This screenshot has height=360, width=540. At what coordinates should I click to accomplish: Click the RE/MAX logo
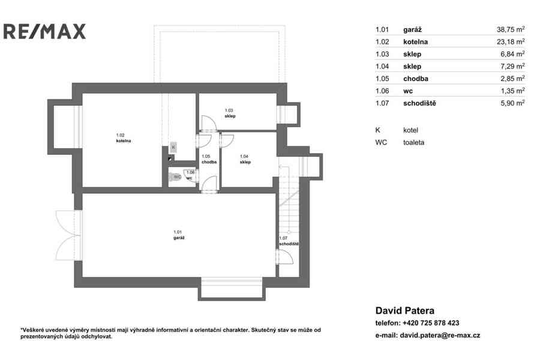click(x=44, y=31)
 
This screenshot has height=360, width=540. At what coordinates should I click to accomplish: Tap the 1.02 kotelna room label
click(x=123, y=138)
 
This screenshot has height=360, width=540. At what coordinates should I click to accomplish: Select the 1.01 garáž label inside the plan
click(x=179, y=235)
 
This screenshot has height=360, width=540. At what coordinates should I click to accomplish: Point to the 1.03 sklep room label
click(x=230, y=113)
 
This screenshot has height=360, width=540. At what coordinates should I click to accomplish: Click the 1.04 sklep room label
click(x=245, y=159)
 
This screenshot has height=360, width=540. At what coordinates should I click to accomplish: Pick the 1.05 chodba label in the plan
click(x=209, y=159)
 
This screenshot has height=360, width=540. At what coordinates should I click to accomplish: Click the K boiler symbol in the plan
click(x=173, y=147)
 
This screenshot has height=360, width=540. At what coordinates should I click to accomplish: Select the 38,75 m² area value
click(x=511, y=29)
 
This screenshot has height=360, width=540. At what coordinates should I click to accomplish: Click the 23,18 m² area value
click(x=511, y=41)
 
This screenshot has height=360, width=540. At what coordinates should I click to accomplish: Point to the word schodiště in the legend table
click(x=419, y=103)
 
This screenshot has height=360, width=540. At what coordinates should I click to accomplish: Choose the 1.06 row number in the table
click(x=382, y=91)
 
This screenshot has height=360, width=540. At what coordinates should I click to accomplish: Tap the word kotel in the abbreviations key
click(x=410, y=130)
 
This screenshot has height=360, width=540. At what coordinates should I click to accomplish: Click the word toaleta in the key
click(x=413, y=142)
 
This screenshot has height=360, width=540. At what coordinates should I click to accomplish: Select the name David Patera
click(x=404, y=310)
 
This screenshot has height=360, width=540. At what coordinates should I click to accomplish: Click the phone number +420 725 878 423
click(x=431, y=323)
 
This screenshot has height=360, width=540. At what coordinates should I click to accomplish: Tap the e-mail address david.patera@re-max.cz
click(x=440, y=335)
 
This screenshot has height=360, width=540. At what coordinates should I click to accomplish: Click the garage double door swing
click(x=68, y=235)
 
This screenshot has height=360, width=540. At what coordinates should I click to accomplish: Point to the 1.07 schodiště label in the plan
click(x=289, y=241)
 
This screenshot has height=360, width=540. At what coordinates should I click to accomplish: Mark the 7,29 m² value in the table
click(x=512, y=66)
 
